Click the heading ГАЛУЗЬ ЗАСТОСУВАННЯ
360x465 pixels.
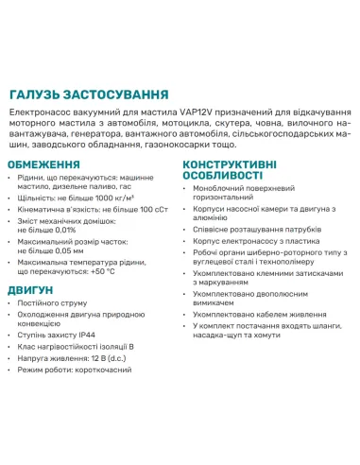tap(89, 95)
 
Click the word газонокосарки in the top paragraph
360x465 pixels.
tap(191, 146)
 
